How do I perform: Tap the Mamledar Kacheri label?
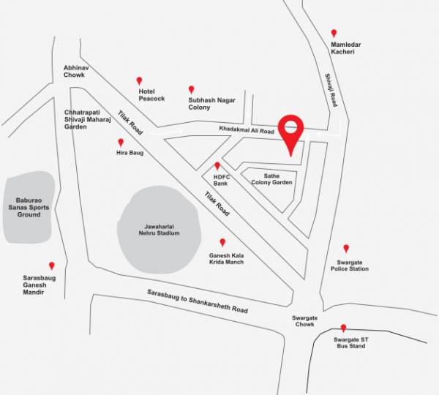(x=346, y=48)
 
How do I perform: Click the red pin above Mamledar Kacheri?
(x=334, y=33)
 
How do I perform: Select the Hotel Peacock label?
(x=151, y=94)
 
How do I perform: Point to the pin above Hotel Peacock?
(x=139, y=80)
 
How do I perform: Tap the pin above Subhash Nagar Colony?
(x=192, y=89)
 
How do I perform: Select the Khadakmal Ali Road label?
(x=247, y=130)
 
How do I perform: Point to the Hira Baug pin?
(x=121, y=143)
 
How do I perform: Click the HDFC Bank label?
(x=221, y=180)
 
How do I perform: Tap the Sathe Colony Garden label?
(x=272, y=178)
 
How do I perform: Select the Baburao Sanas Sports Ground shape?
(x=29, y=207)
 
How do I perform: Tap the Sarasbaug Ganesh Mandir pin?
(x=51, y=266)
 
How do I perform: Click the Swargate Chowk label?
(x=304, y=321)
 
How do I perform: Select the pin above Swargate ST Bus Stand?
(x=343, y=328)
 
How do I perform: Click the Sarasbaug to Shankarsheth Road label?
(x=197, y=301)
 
